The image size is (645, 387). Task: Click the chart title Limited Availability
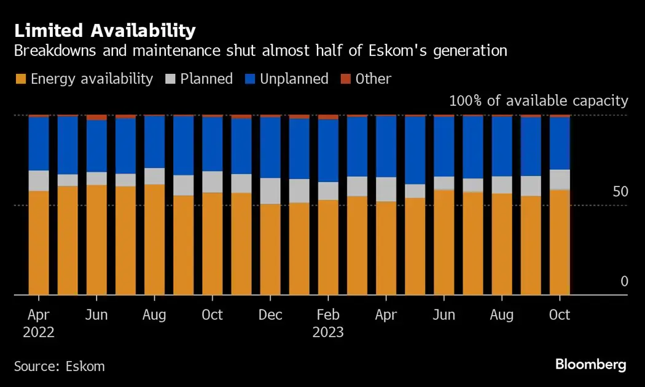pos(105,30)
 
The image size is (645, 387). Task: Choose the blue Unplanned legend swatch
pos(250,79)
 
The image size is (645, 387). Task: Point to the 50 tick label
pos(620,192)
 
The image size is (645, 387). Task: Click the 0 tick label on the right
pos(624,282)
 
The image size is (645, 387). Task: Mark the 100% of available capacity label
pos(539,101)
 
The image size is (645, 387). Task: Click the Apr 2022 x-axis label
pos(39,324)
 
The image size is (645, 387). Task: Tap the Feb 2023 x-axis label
pos(328,324)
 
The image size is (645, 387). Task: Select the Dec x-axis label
pos(270,315)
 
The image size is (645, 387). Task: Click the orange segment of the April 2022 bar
pos(39,243)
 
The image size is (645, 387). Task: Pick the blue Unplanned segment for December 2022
pos(270,148)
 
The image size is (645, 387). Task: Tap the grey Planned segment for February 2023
pos(328,191)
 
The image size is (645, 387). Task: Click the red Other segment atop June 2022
pos(96,117)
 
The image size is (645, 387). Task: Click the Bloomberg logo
pos(590,365)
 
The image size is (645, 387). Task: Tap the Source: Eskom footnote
pos(60,366)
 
